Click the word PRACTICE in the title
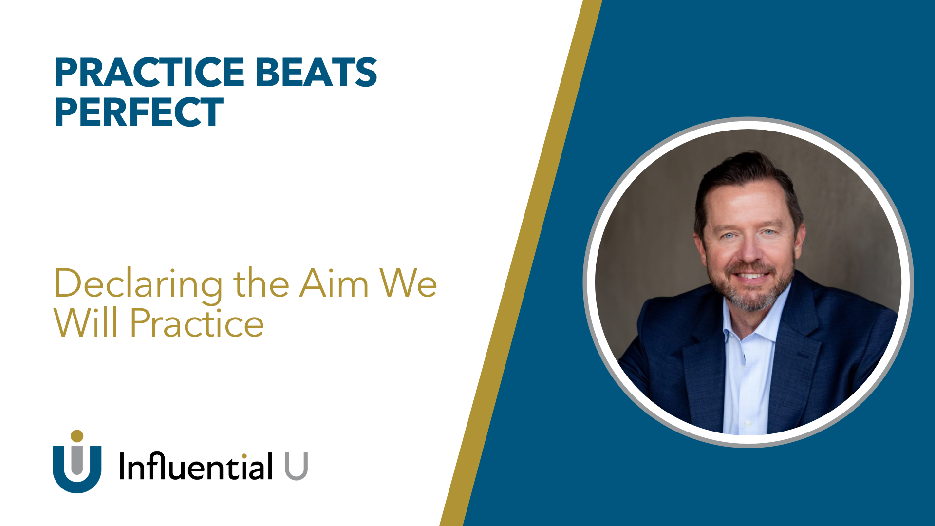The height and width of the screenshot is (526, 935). coord(149,72)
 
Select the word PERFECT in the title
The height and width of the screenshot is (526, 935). coord(139,112)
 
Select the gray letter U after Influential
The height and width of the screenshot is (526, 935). coord(296,466)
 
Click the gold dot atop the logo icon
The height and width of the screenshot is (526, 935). coord(77,436)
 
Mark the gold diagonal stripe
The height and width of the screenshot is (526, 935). coord(521,263)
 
